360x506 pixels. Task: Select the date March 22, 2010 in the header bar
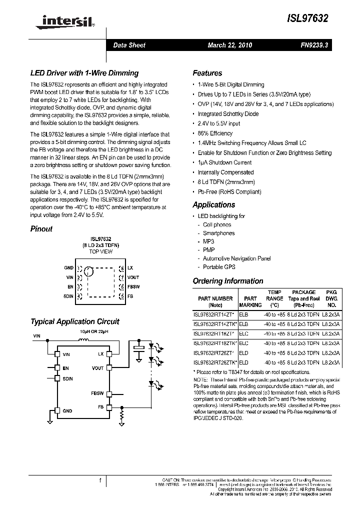(230, 45)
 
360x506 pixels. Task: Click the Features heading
(207, 73)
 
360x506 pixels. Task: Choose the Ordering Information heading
(228, 281)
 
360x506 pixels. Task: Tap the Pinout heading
(41, 229)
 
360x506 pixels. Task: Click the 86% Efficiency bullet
(215, 133)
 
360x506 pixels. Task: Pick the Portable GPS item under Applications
(219, 267)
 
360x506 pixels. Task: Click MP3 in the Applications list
(209, 241)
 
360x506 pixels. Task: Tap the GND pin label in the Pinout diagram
(68, 268)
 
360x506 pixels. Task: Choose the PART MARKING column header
(250, 301)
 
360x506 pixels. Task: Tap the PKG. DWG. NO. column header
(331, 298)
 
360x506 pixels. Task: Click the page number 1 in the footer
(100, 480)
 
